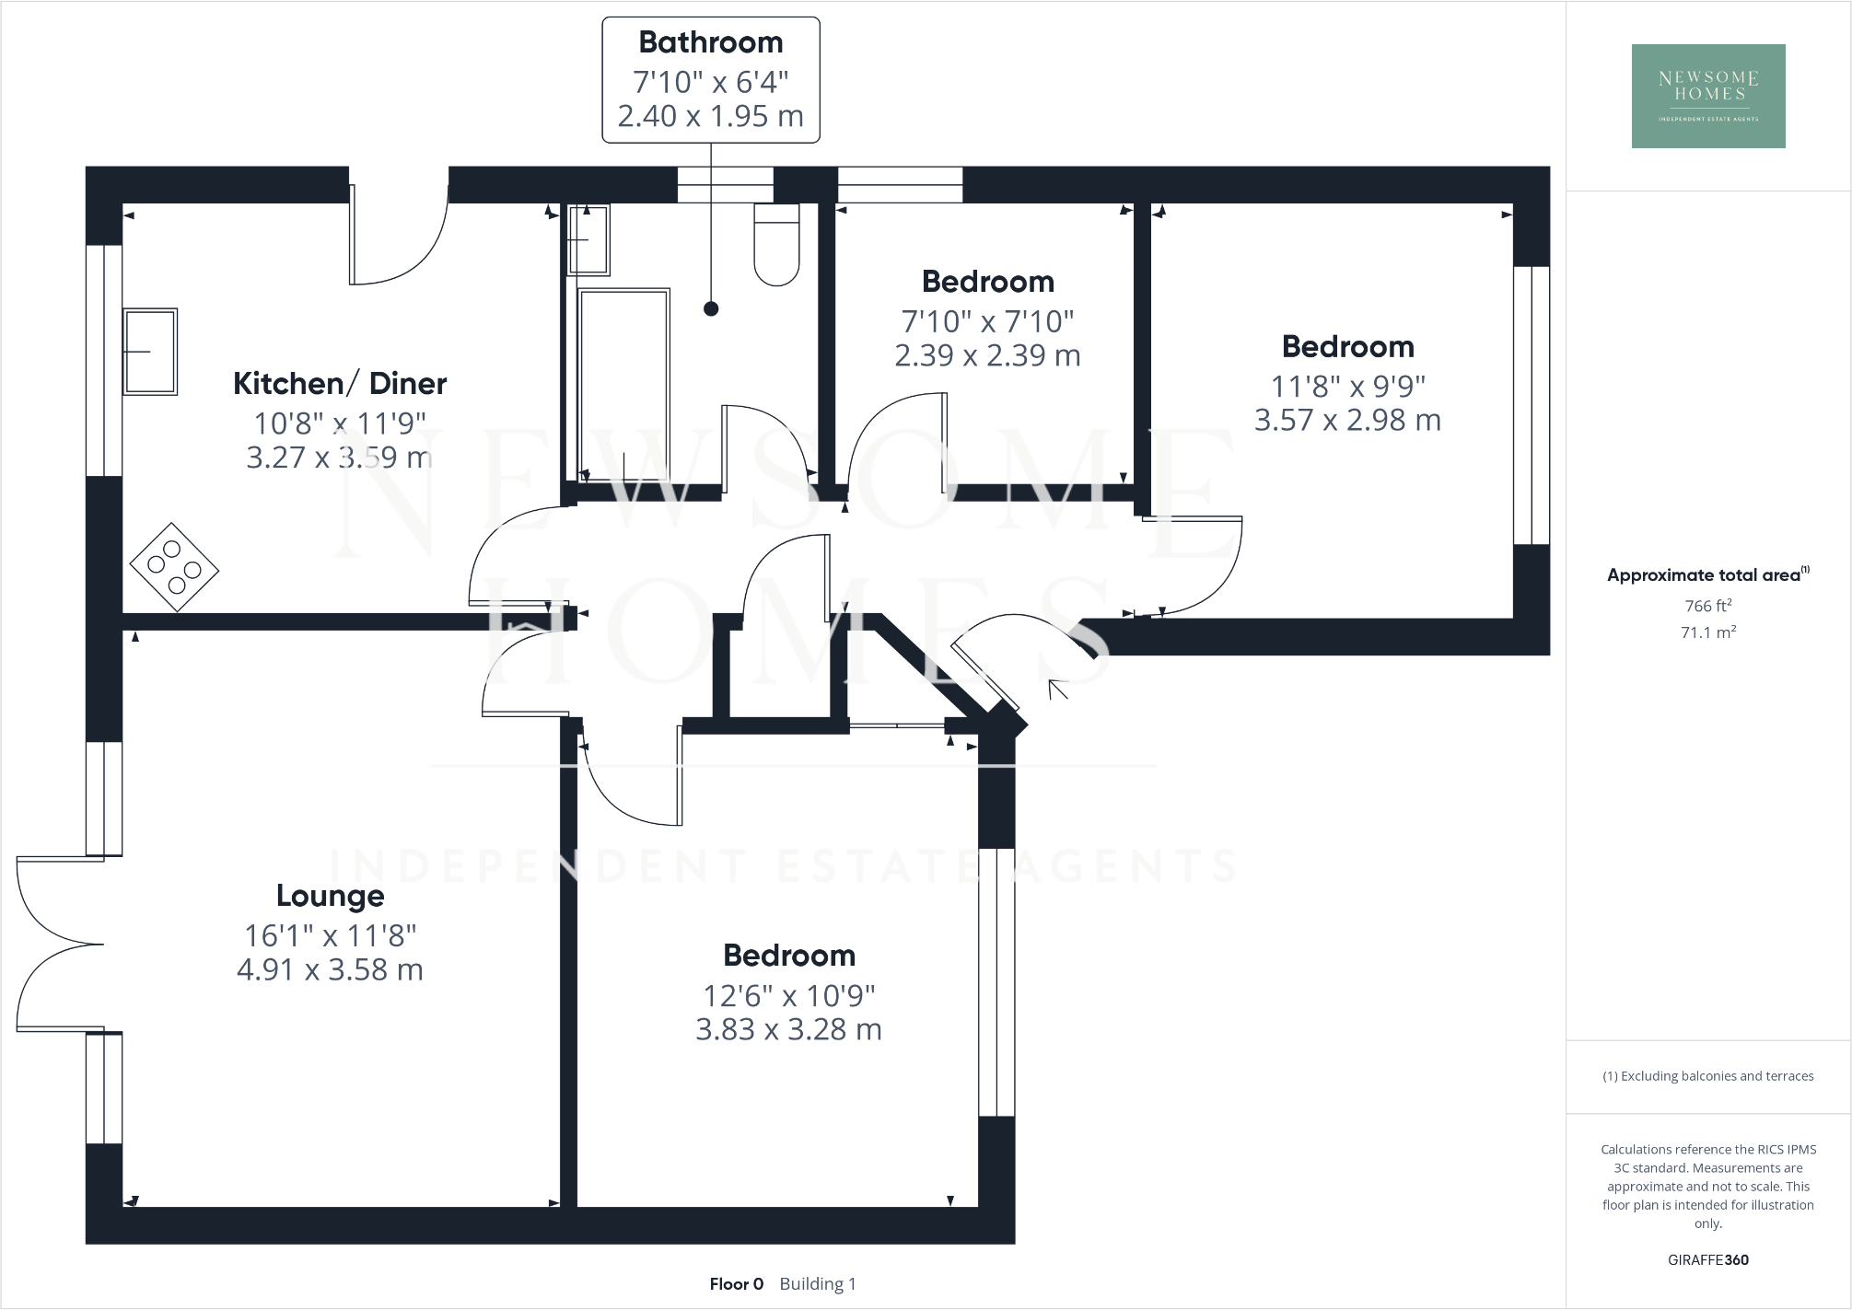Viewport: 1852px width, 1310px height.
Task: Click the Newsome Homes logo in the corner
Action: coord(1708,96)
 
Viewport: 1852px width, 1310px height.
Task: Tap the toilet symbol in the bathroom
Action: coord(776,245)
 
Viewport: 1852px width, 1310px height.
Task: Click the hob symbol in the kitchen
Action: coord(174,567)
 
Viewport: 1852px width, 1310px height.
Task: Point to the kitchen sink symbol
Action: coord(150,352)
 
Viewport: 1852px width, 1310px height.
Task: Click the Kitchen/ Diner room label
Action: coord(340,383)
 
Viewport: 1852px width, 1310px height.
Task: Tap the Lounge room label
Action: coord(331,896)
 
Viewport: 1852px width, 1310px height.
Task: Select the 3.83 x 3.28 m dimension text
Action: coord(788,1029)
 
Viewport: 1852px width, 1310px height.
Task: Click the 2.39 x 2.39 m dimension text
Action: coord(987,355)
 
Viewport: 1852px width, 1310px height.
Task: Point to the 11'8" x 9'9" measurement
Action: coord(1347,386)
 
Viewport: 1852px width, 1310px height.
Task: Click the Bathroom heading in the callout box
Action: coord(710,42)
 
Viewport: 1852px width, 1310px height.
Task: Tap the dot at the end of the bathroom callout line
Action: coord(711,309)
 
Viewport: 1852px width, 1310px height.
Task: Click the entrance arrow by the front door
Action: coord(1058,689)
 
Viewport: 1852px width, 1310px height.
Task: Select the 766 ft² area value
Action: coord(1708,606)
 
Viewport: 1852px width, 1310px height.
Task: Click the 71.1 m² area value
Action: coord(1708,632)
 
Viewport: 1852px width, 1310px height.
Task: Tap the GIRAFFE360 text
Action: coord(1707,1260)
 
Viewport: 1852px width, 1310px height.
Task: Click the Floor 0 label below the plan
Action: coord(736,1284)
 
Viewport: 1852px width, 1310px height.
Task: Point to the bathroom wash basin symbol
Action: coord(588,239)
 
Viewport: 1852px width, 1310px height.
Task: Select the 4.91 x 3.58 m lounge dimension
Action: coord(330,970)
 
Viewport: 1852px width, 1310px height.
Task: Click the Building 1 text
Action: coord(818,1284)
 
